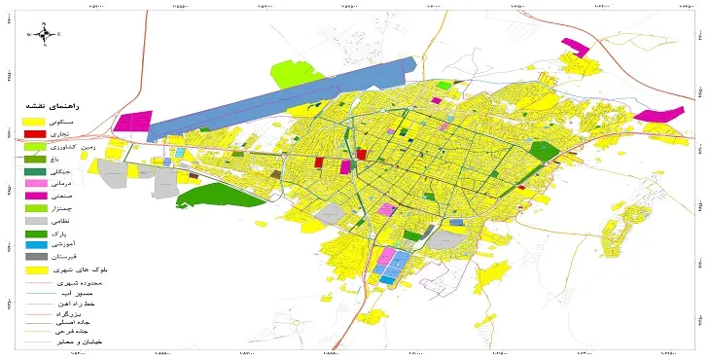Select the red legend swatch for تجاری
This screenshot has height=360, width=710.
click(x=34, y=133)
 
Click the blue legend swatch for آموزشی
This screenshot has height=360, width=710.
click(x=34, y=245)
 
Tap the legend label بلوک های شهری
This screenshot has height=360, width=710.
click(x=90, y=270)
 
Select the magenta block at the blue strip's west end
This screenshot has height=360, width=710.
click(x=132, y=122)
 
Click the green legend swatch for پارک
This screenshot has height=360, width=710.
click(x=34, y=234)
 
